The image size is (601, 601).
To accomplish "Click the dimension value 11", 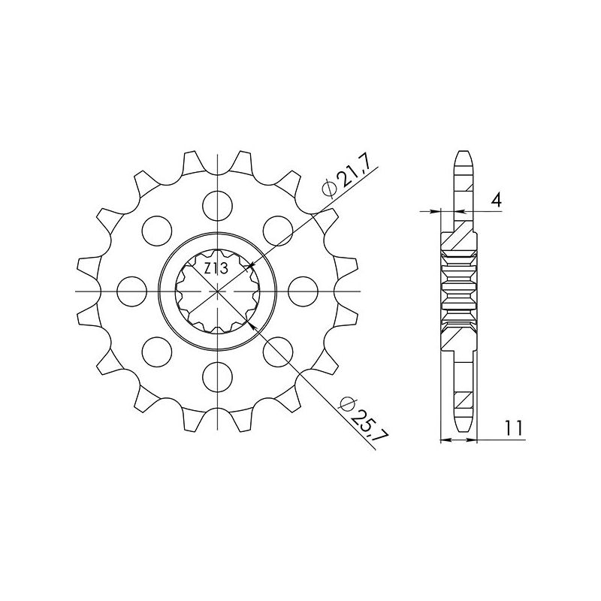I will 514,428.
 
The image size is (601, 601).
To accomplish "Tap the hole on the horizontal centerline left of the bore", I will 132,288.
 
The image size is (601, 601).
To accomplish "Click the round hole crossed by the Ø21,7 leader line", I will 276,228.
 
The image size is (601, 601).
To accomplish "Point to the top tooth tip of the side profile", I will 464,153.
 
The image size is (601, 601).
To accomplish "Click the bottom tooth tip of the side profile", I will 464,425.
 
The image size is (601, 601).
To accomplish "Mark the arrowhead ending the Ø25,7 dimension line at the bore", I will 252,323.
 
